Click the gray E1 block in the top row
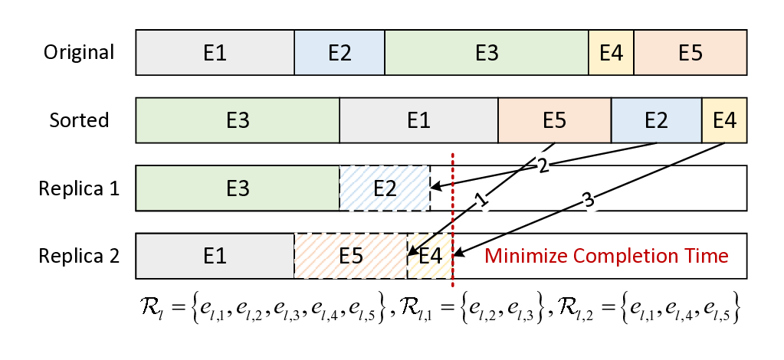215,53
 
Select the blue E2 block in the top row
340,53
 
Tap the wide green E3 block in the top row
487,53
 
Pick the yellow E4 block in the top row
611,53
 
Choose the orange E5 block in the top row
690,53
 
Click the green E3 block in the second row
238,120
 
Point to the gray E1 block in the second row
418,120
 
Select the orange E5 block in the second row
554,120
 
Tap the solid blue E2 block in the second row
656,120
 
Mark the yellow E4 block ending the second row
724,120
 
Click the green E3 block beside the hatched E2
238,188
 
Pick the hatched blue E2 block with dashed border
385,188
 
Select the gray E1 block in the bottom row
215,256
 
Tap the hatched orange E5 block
350,256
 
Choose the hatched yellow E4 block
431,256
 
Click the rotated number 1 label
481,200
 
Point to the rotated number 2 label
543,165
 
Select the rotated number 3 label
588,200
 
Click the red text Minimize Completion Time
606,256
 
